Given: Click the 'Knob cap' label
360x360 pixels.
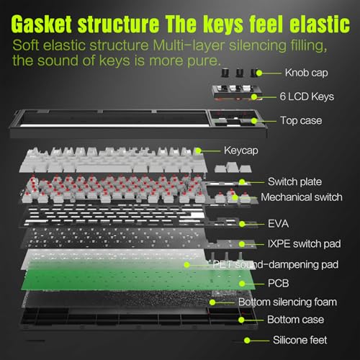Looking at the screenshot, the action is click(306, 73).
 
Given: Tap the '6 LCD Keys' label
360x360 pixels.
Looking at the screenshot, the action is click(307, 96).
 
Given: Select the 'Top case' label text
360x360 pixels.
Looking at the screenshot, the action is click(301, 120).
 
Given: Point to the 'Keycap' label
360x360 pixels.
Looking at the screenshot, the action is click(241, 150).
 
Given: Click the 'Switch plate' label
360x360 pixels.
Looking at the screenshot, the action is click(294, 181).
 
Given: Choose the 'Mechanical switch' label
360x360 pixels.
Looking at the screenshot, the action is click(302, 197).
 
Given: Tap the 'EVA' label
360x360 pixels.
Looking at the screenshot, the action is click(278, 224).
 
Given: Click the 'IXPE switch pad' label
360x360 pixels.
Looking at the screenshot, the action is click(304, 244).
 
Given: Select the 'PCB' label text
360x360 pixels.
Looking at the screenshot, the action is click(278, 284).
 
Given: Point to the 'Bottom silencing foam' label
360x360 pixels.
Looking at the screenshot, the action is click(287, 302).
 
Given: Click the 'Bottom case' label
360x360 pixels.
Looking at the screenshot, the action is click(295, 320).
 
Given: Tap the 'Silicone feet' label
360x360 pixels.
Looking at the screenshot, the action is click(300, 340).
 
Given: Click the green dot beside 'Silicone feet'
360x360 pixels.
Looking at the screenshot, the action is click(247, 341).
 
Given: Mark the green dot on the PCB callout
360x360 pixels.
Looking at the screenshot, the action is click(242, 284).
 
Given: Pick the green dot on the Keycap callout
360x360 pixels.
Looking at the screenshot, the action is click(198, 150).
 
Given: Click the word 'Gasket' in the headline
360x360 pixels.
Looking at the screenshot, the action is click(41, 24).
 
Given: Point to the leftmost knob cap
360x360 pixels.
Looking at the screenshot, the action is click(225, 73).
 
